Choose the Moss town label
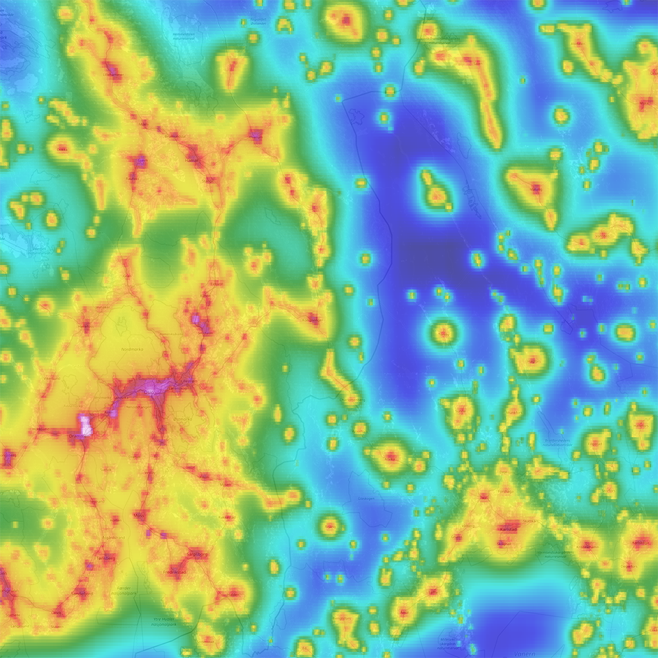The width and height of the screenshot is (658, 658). click(x=139, y=516)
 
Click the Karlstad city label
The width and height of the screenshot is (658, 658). click(x=509, y=529)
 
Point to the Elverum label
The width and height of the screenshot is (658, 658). click(x=255, y=135)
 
